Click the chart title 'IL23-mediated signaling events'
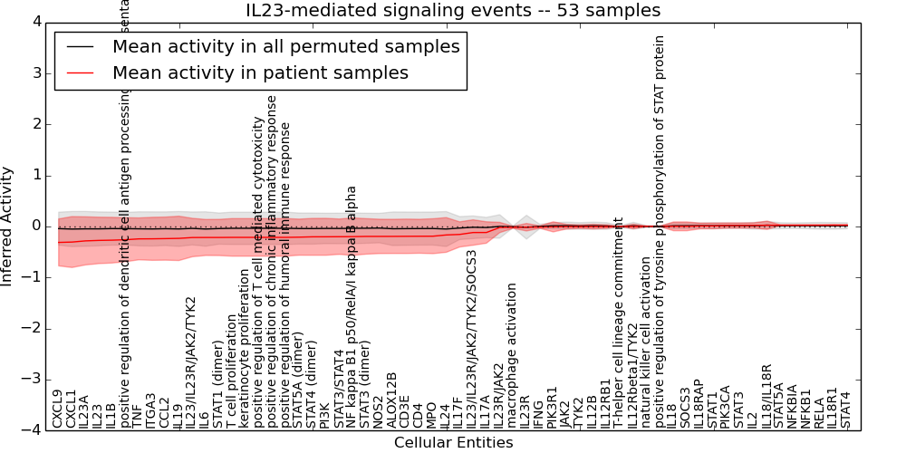pyautogui.click(x=453, y=11)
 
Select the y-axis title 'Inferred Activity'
pyautogui.click(x=7, y=226)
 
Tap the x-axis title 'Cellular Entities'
pyautogui.click(x=453, y=443)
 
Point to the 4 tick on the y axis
pyautogui.click(x=35, y=22)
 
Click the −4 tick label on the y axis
pyautogui.click(x=32, y=430)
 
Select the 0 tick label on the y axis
pyautogui.click(x=35, y=226)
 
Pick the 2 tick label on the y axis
pyautogui.click(x=35, y=124)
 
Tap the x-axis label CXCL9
pyautogui.click(x=57, y=409)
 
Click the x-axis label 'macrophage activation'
pyautogui.click(x=512, y=355)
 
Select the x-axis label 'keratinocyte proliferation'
pyautogui.click(x=245, y=348)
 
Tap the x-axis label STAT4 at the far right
pyautogui.click(x=845, y=410)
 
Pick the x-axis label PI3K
pyautogui.click(x=324, y=415)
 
